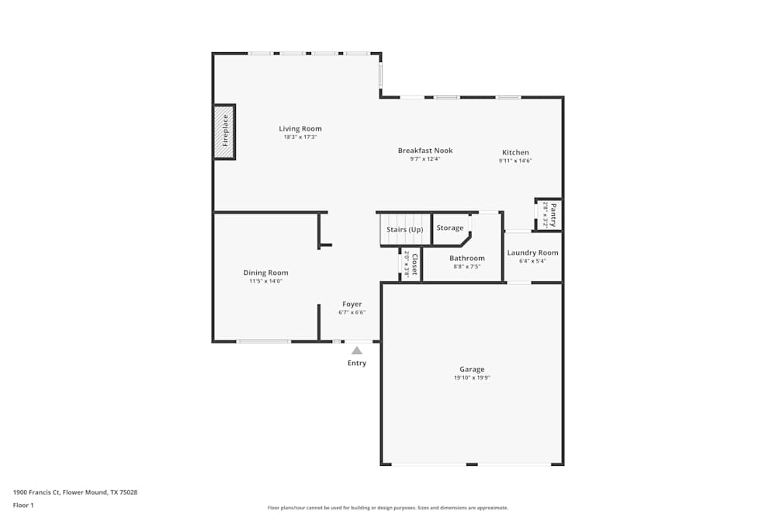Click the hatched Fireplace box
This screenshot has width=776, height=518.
tap(224, 131)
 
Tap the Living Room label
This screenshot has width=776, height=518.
tap(300, 129)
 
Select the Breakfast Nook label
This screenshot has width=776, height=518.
tap(425, 151)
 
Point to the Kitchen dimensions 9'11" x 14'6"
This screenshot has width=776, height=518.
tap(515, 161)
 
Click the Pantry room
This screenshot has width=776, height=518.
tap(549, 214)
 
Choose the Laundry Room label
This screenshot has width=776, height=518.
tap(532, 252)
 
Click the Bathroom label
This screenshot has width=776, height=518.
tap(467, 258)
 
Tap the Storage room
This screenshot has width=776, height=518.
tap(450, 228)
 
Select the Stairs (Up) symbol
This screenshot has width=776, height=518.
tap(405, 230)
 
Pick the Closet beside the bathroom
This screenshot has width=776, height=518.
tap(411, 265)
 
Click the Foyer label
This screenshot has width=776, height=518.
tap(352, 304)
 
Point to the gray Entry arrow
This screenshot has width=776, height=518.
tap(357, 351)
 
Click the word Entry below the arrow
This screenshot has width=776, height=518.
tap(357, 363)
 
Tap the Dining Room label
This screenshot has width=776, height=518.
tap(266, 273)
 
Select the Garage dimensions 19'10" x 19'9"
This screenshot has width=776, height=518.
tap(472, 378)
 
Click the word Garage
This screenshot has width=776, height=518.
tap(472, 370)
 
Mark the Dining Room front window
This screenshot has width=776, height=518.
tap(264, 341)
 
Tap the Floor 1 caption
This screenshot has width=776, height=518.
tap(23, 505)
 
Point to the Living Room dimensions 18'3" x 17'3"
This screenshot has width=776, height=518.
tap(300, 137)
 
